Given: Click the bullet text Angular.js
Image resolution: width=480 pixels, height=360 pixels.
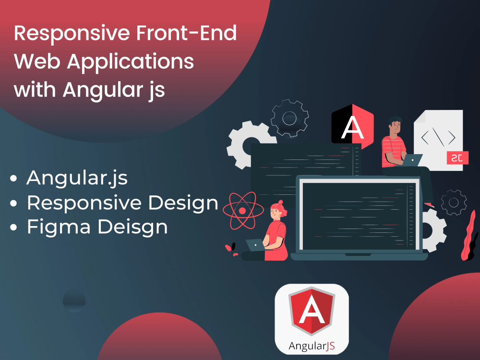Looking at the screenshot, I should pos(77,178).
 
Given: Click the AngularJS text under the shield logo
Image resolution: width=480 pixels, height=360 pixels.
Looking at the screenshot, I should pos(311,345).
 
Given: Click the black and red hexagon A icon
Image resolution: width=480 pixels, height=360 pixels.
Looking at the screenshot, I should pos(352,126).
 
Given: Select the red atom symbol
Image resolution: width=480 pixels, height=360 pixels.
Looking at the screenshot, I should pos(242,210).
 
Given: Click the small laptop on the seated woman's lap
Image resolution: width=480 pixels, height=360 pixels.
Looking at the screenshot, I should pos(255,245).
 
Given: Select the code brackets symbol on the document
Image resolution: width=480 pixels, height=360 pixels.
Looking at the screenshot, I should pos(438,137).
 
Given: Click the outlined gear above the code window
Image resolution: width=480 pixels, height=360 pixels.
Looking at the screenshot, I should pos(289,118).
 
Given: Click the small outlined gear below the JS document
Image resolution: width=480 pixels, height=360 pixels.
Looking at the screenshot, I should pos(453,202).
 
